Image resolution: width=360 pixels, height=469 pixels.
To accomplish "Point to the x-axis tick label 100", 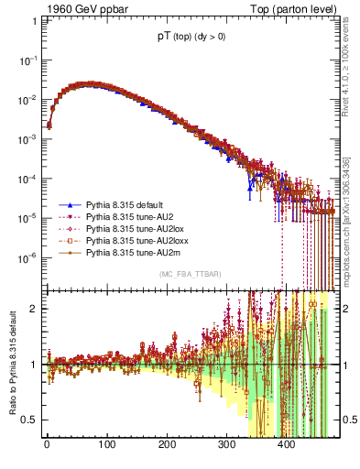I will pyautogui.click(x=106, y=446).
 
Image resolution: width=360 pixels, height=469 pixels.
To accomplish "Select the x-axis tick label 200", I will pyautogui.click(x=167, y=446).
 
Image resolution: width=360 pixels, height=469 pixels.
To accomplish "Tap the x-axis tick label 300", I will pyautogui.click(x=226, y=446).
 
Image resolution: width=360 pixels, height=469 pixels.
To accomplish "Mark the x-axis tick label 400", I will pyautogui.click(x=287, y=446).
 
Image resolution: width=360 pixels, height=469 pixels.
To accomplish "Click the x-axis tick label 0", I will pyautogui.click(x=47, y=446).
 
